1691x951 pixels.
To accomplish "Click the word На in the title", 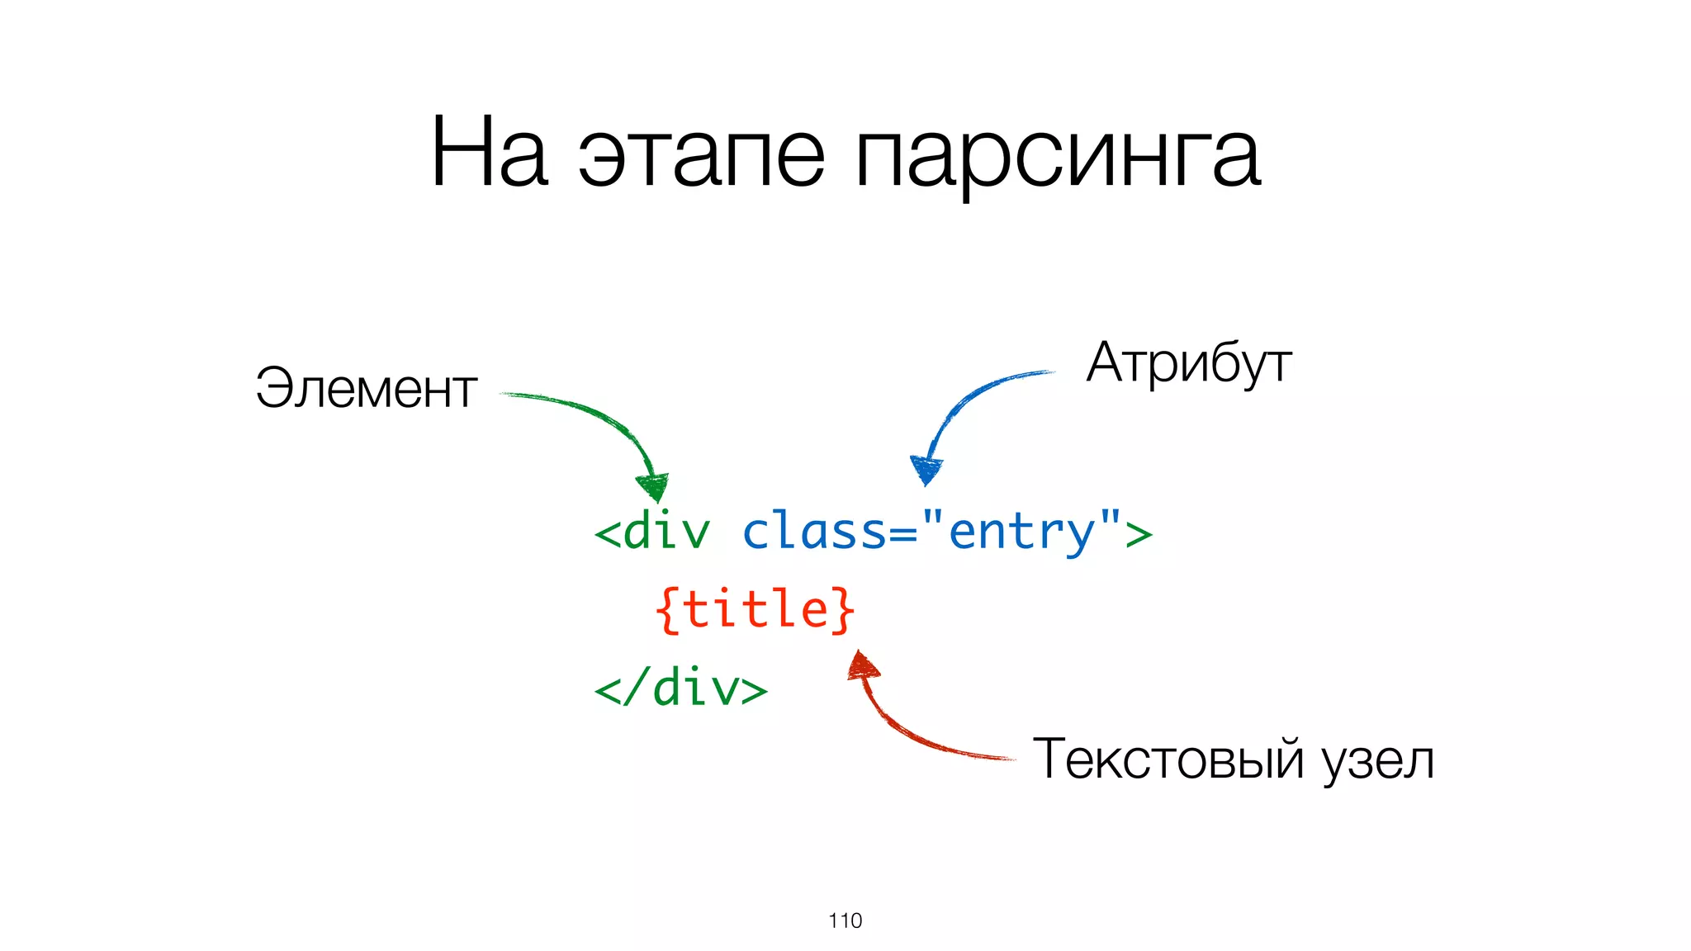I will [489, 154].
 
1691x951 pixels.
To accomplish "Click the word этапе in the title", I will [701, 157].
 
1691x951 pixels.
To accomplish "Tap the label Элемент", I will [367, 388].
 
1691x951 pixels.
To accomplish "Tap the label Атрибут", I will [1189, 364].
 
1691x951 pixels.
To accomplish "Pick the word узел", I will [1378, 761].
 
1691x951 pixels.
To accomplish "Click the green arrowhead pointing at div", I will [653, 486].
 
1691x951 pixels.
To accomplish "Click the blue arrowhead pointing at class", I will [926, 470].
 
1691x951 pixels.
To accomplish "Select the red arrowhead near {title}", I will [862, 665].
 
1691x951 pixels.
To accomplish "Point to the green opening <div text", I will [651, 531].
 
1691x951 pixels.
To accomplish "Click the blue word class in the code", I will [814, 531].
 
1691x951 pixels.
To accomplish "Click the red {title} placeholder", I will [755, 610].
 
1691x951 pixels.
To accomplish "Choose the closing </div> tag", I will [680, 688].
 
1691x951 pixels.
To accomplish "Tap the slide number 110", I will [845, 920].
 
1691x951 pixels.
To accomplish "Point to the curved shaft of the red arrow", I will [917, 736].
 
